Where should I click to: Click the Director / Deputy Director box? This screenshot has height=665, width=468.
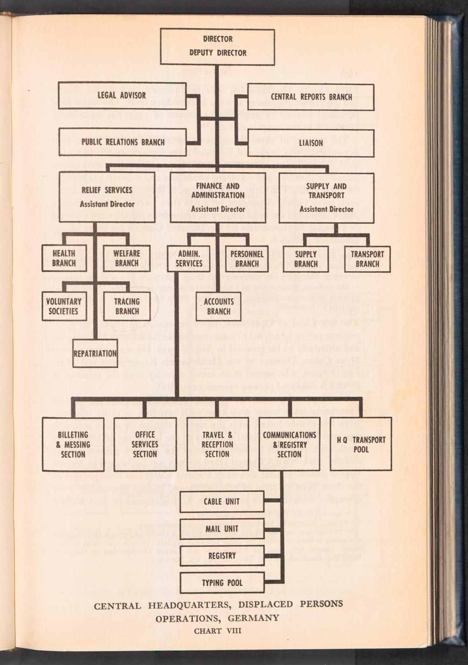coord(218,46)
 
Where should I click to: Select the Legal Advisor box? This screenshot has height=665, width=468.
coord(121,95)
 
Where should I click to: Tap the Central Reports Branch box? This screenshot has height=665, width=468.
coord(311,97)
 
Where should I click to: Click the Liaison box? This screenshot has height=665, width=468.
coord(311,143)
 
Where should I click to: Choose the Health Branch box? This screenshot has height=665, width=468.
coord(64,258)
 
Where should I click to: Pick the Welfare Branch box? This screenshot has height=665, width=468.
coord(126,258)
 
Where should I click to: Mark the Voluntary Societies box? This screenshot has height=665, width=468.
coord(64,306)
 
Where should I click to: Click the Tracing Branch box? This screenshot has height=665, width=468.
coord(126,306)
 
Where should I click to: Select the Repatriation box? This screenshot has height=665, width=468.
coord(95,353)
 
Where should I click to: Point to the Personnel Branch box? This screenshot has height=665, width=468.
coord(247,259)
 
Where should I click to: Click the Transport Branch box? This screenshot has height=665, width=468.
coord(367,259)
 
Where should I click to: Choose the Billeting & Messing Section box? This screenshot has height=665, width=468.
coord(73,444)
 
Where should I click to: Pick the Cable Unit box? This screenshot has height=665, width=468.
coord(222,501)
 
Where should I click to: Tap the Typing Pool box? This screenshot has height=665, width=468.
coord(222,583)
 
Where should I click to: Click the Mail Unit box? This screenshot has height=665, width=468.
coord(222,528)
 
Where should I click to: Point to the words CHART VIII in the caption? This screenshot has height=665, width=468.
coord(218,630)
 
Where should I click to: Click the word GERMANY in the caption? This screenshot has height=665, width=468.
coord(254,618)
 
